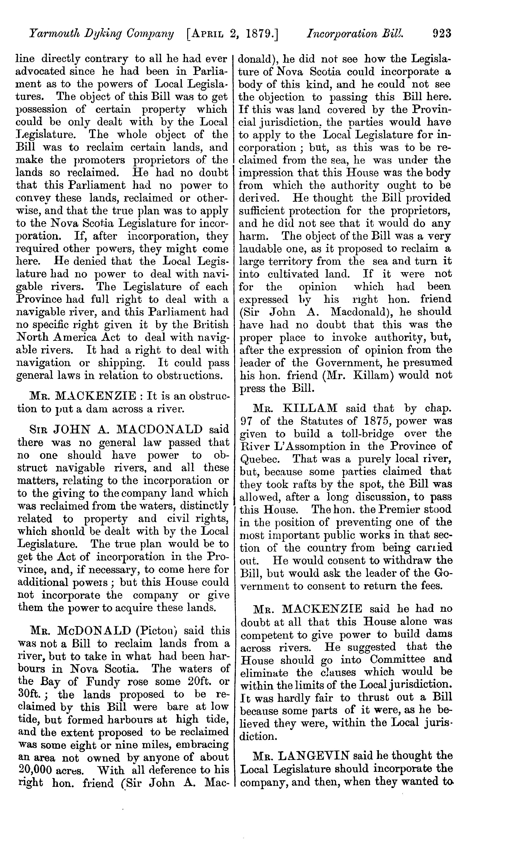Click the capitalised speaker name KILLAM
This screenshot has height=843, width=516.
310,408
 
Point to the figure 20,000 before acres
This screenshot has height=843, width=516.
33,770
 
